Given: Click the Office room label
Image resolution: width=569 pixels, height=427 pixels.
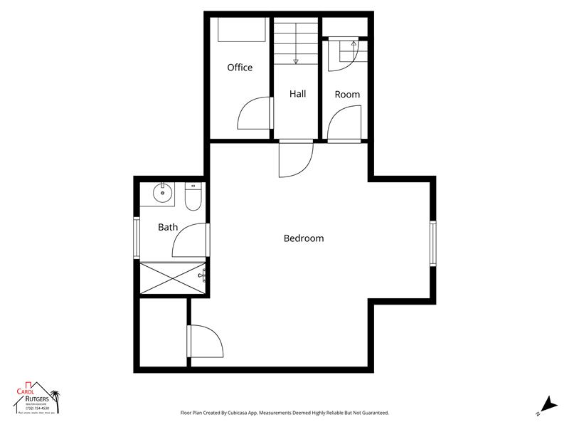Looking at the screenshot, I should point(240,68).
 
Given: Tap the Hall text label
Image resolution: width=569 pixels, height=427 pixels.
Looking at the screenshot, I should point(297,93).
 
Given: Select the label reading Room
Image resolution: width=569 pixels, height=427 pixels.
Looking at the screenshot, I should point(347,94).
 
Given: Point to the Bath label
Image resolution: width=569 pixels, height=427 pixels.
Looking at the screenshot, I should point(168,228).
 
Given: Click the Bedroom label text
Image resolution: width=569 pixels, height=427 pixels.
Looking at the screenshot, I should point(304,238).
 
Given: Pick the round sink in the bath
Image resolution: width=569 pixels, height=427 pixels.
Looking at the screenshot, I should point(163,193).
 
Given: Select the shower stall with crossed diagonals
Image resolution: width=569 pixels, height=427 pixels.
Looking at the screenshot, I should point(172,278).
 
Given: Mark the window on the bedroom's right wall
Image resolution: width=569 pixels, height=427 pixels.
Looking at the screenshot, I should point(432,244).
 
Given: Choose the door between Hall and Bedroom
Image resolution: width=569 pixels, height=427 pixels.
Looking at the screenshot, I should point(295,158).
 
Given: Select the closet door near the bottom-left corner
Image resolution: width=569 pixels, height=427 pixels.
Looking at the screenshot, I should point(206,342).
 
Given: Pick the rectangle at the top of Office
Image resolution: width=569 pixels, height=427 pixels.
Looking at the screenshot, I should point(242,31).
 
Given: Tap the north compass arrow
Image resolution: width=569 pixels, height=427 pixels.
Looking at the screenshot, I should point(546,404).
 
